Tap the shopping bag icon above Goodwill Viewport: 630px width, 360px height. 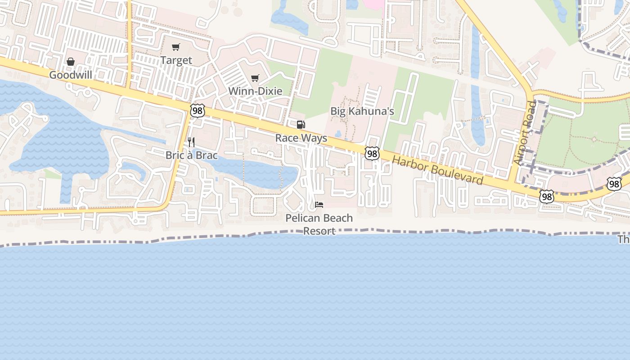coord(71,62)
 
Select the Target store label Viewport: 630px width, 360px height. coord(176,60)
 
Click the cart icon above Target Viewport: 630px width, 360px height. coord(176,47)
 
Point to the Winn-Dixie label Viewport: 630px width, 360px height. coord(255,91)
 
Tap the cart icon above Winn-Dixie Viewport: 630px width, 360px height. coord(255,78)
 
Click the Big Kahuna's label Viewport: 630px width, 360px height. coord(362,111)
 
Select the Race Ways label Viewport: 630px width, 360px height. coord(301,138)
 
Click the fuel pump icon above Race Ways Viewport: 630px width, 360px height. coord(301,125)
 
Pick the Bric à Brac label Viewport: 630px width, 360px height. coord(192,155)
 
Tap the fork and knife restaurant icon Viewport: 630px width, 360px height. coord(191,142)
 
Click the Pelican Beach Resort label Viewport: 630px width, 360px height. coord(319,224)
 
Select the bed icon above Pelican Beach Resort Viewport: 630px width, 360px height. coord(319,205)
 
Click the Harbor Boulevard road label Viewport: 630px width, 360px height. coord(437,171)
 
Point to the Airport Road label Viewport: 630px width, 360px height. coord(525,133)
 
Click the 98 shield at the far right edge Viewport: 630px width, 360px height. coord(614,184)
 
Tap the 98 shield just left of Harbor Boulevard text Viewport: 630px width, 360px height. coord(372,153)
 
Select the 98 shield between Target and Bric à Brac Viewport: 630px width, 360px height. coord(197,110)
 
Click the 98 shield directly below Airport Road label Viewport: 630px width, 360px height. coord(546,196)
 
